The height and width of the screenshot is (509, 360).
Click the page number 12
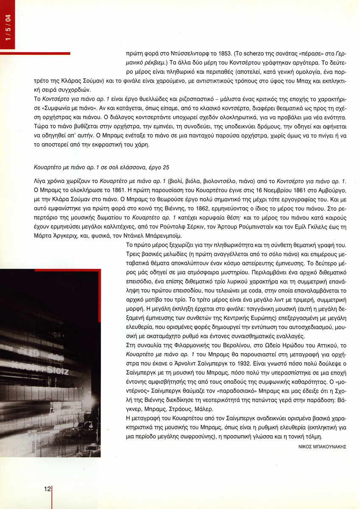47,489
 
